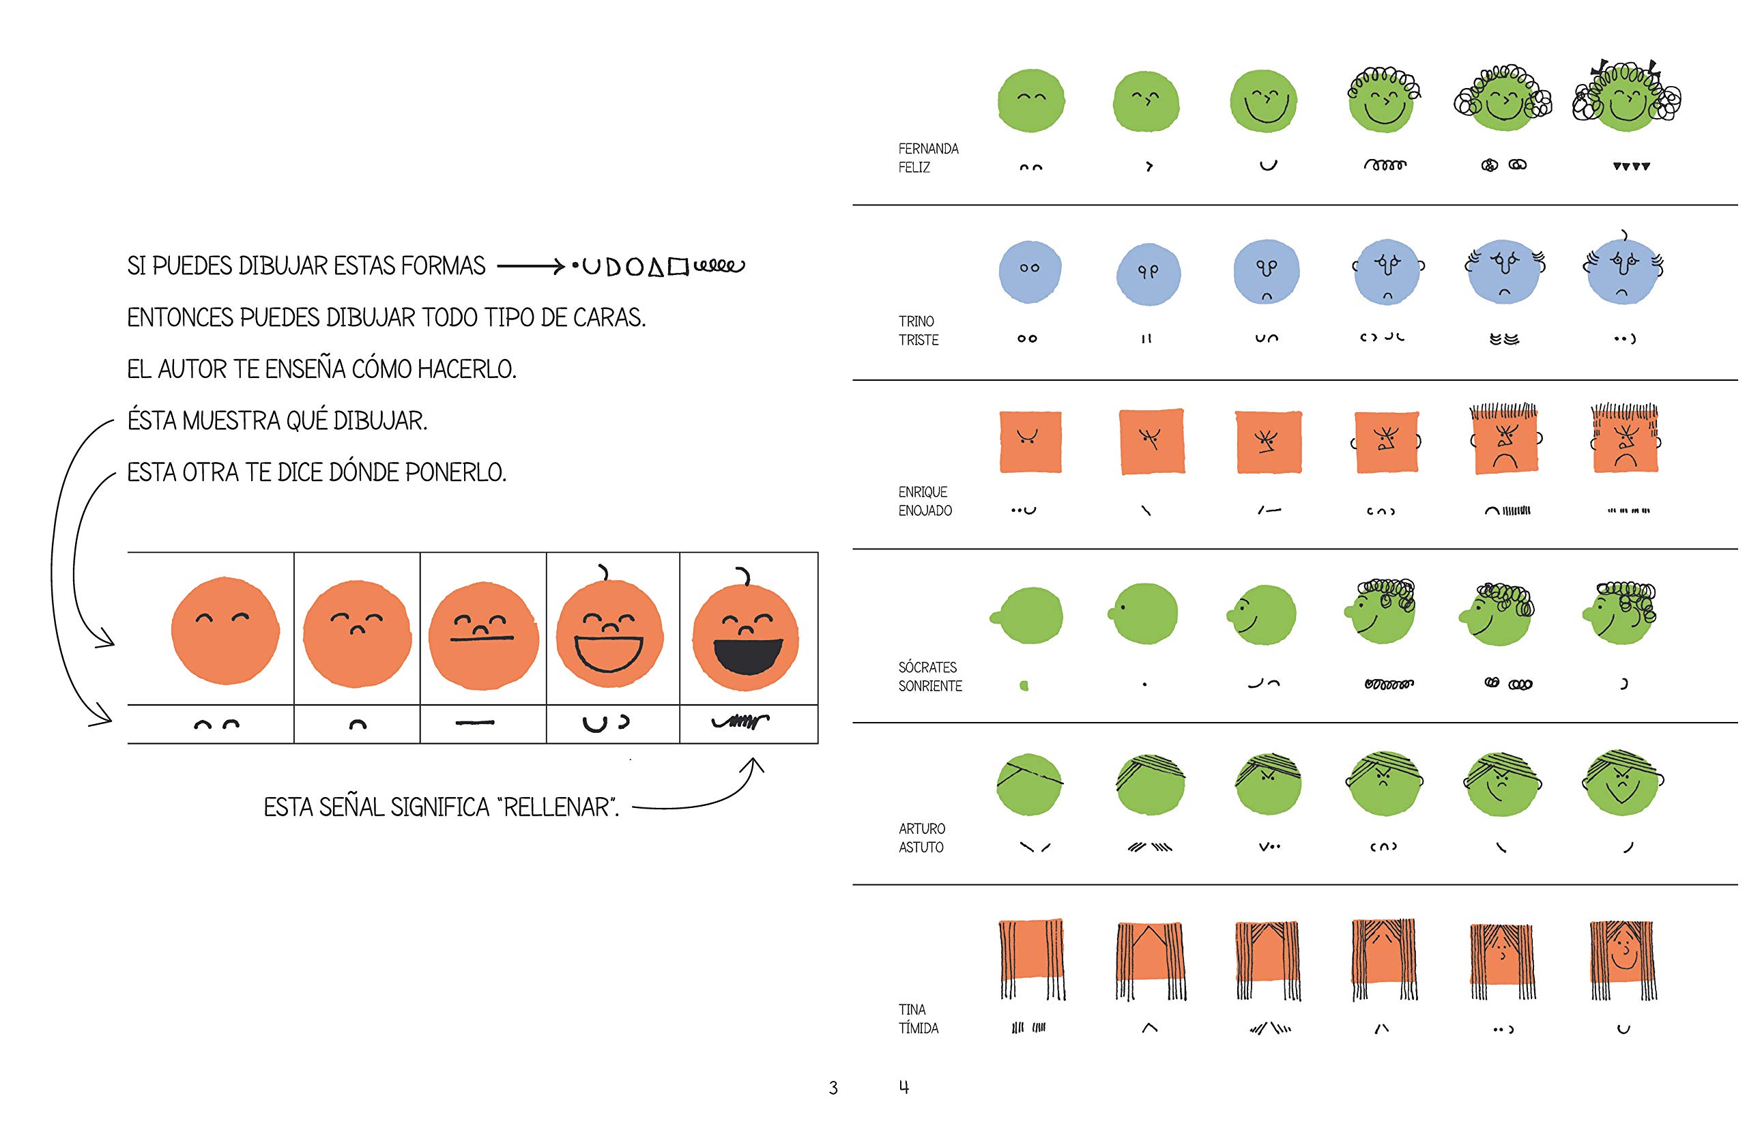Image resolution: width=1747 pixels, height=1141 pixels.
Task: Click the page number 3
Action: click(833, 1087)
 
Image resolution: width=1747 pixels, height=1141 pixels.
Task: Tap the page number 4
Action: click(904, 1086)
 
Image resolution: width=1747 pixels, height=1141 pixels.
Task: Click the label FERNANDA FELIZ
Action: click(928, 158)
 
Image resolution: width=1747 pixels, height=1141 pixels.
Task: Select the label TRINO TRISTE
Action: click(918, 330)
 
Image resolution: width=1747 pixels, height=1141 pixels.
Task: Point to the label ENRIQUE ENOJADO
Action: click(924, 501)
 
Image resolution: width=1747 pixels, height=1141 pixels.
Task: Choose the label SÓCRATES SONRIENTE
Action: click(929, 676)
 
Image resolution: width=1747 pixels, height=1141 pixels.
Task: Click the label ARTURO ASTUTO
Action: click(921, 838)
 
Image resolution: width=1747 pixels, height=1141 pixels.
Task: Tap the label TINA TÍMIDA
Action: click(918, 1018)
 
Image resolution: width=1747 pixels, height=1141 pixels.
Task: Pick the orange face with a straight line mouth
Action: click(482, 637)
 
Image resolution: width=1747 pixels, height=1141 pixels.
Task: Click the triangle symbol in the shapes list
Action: click(656, 268)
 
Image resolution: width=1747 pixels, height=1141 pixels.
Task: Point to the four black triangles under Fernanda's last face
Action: click(1631, 167)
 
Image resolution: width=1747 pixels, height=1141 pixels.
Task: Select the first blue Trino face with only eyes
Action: click(1029, 271)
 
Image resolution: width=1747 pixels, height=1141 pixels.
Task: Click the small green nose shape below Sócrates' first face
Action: click(1024, 686)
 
